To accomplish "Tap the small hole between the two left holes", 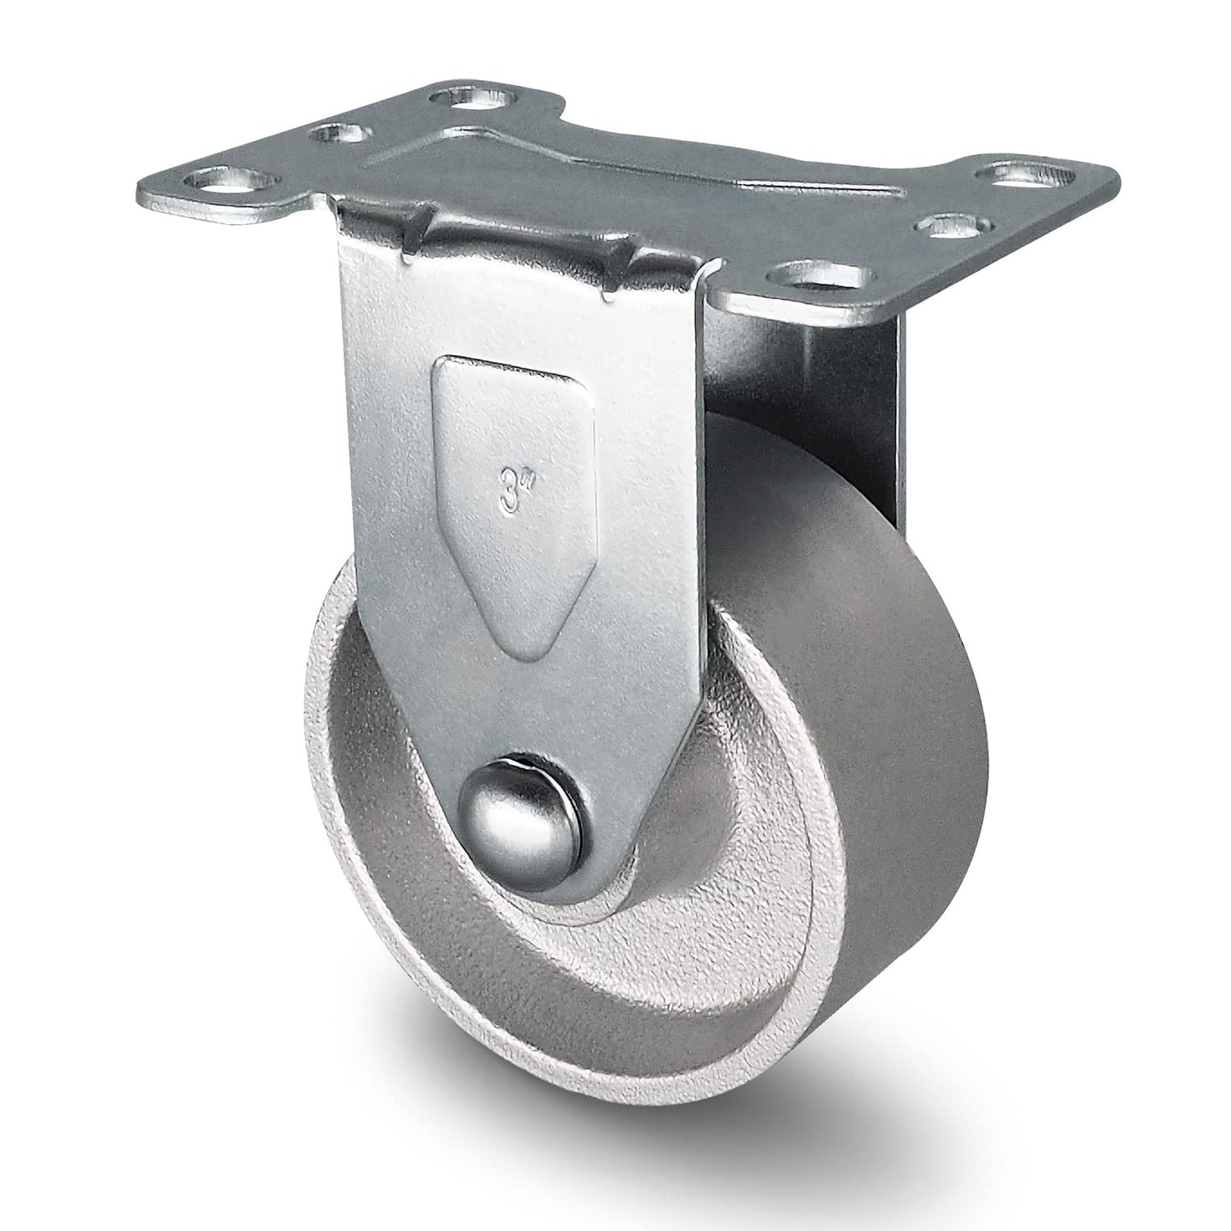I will point(338,135).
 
